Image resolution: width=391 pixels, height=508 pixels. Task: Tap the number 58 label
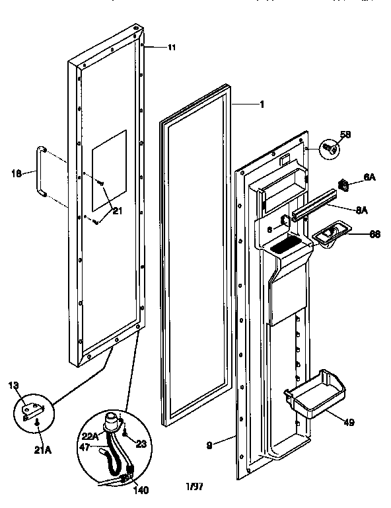coord(345,135)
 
